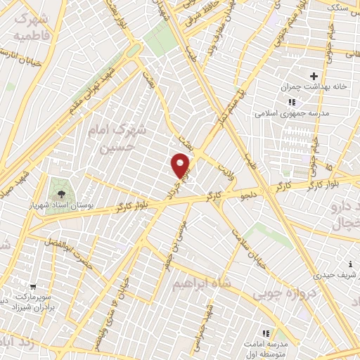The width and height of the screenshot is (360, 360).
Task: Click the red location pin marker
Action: (x=181, y=165)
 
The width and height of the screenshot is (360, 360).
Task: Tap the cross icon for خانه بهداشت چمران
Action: (x=314, y=77)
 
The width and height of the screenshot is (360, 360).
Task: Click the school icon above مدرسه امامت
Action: (x=266, y=333)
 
